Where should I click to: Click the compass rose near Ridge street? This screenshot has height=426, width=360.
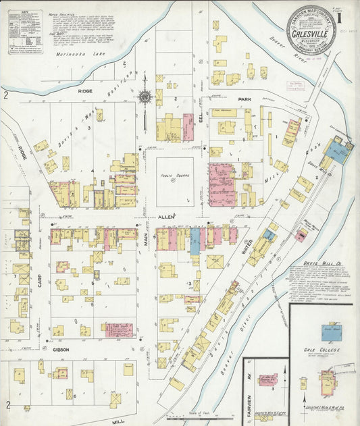pos(145,97)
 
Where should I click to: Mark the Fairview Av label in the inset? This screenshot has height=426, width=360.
pos(248,385)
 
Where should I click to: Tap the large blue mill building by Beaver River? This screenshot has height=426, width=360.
pos(338,151)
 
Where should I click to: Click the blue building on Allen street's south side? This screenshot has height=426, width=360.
pos(195,240)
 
